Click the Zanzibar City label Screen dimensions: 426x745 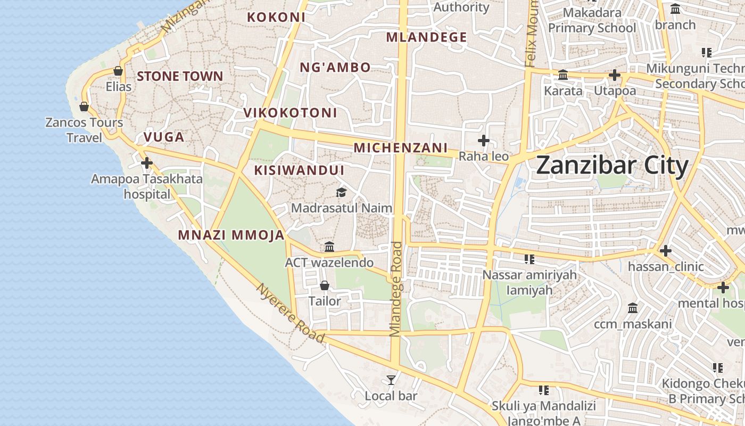612,166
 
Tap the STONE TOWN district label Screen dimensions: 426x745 180,76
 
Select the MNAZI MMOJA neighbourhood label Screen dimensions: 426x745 231,235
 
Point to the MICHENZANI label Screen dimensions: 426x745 401,148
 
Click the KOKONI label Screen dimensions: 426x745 276,17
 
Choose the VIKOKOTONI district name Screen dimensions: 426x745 290,113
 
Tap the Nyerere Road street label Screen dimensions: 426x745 291,313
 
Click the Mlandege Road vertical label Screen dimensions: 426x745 395,289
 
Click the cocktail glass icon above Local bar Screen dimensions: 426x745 391,380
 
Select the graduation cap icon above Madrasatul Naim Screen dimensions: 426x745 341,192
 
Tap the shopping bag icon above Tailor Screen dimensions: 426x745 325,285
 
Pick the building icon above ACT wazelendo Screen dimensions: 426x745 329,247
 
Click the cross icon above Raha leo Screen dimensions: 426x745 484,141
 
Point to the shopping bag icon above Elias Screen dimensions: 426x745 118,71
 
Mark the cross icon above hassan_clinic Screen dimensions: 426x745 665,250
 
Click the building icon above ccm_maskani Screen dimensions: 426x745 633,308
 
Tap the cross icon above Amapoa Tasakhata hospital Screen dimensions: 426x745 147,162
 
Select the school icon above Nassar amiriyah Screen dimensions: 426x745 529,259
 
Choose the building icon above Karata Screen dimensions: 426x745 563,75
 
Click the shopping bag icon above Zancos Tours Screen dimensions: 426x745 84,106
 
